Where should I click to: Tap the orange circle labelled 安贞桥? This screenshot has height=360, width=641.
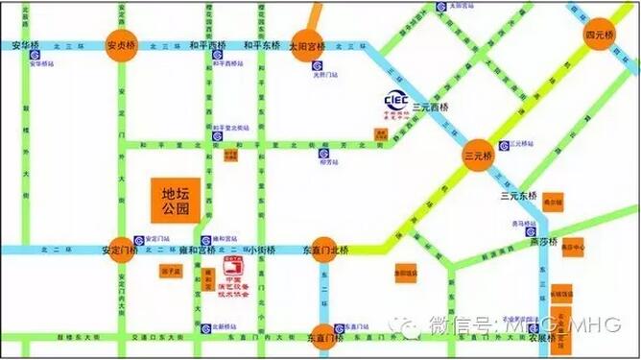coord(123,46)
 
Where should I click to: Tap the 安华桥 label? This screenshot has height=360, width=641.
coord(27,46)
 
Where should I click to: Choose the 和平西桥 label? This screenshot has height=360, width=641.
coord(206,45)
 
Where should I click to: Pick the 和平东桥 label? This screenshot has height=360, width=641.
coord(260,45)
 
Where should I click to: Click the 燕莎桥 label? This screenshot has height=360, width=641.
coord(541,241)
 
